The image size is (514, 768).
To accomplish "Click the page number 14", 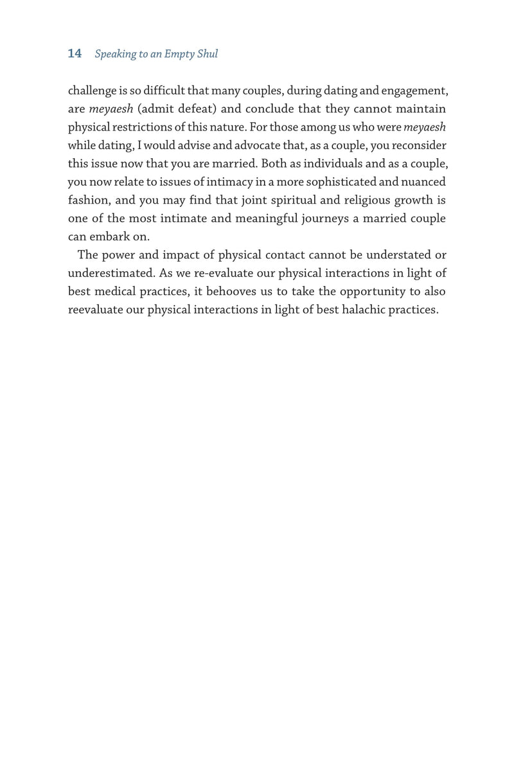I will coord(75,54).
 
